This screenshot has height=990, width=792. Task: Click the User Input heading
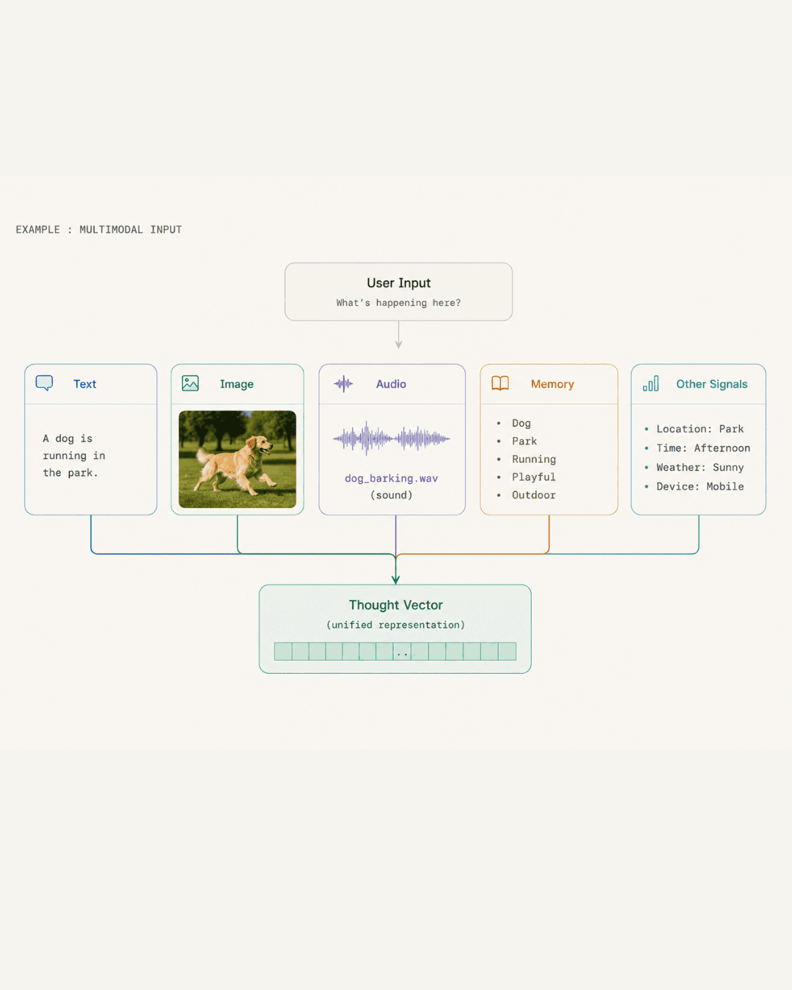coord(398,283)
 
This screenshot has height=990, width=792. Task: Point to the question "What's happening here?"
coord(398,303)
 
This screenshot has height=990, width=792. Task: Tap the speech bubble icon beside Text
coord(44,383)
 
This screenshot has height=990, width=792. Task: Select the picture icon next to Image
coord(190,384)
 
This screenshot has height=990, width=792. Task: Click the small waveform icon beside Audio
coord(343,384)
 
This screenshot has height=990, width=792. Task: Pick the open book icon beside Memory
coord(500,384)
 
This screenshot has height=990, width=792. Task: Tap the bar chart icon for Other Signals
coord(650,384)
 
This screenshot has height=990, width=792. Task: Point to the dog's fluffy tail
coord(205,456)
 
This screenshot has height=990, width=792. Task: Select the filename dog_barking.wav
coord(391,478)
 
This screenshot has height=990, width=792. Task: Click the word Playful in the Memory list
coord(534,477)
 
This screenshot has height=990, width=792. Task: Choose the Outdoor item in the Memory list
coord(534,495)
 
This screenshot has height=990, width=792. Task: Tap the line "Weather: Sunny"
coord(700,467)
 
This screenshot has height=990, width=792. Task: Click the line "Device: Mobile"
coord(700,486)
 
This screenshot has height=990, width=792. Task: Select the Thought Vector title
coord(396,605)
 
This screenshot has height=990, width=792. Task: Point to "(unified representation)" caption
coord(396,625)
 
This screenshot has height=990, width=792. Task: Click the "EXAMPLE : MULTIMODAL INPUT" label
coord(99,230)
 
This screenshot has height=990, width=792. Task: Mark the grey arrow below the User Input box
coord(398,335)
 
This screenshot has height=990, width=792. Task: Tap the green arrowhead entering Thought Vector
coord(396,579)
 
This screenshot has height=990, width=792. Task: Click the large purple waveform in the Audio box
coord(392,439)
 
